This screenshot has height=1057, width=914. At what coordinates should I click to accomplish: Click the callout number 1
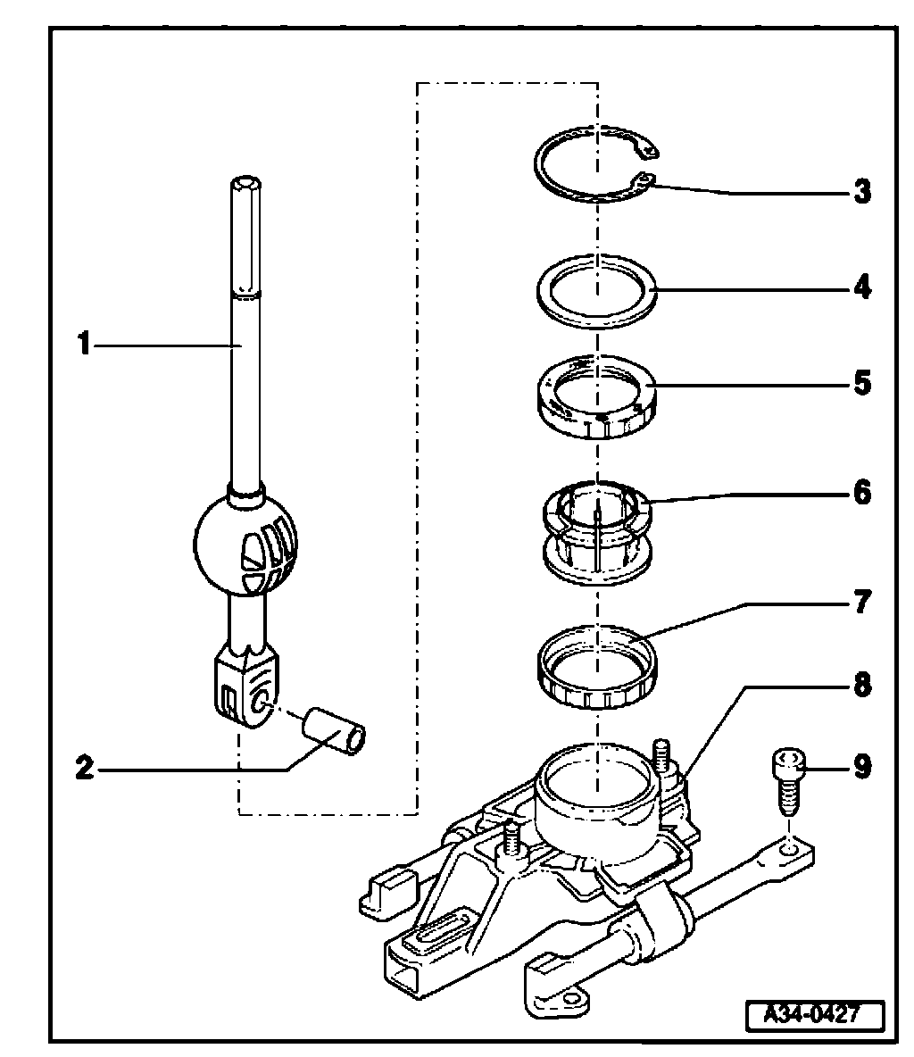tap(83, 344)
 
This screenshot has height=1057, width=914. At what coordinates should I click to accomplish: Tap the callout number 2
tap(83, 767)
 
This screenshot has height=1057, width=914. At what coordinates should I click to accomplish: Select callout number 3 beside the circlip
tap(861, 192)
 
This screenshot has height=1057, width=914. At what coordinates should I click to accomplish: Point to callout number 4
tap(861, 288)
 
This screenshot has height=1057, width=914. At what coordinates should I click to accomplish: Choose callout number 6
tap(861, 492)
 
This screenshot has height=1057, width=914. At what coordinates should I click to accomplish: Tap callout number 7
tap(861, 603)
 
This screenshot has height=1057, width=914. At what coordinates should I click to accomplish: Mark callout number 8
tap(861, 686)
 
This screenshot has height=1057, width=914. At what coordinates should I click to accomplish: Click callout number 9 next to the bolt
tap(861, 766)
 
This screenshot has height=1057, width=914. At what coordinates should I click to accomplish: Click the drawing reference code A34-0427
tap(814, 1014)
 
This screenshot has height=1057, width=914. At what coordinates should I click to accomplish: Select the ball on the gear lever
tap(245, 540)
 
